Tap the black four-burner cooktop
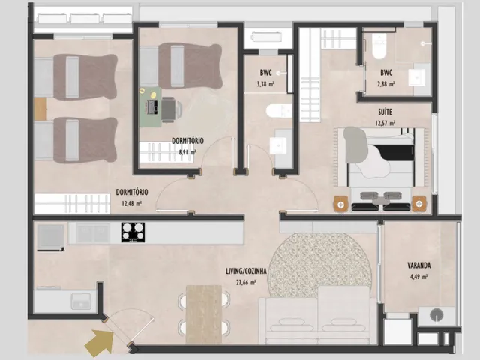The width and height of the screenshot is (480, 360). (x=133, y=232)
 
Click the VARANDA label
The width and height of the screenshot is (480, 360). (x=418, y=265)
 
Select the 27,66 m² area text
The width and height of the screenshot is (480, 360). (x=246, y=282)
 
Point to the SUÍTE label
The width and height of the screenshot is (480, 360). (x=385, y=112)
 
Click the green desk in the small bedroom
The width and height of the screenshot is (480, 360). (x=150, y=106)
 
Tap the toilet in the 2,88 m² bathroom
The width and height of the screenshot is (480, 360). (x=379, y=46)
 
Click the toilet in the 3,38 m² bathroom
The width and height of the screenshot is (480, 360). (x=279, y=111)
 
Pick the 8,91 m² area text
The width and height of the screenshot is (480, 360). (x=187, y=152)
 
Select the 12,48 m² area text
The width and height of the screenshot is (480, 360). (x=132, y=203)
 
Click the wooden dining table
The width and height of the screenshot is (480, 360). (x=204, y=314)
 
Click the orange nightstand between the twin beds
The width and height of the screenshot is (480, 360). (x=40, y=109)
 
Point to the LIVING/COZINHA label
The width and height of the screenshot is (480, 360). (x=246, y=271)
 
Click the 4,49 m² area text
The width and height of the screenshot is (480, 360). (x=418, y=277)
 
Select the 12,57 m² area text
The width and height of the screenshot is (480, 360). (x=385, y=123)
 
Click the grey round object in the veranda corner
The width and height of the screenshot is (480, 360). (x=436, y=315)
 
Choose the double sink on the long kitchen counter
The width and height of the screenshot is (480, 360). (x=93, y=232)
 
